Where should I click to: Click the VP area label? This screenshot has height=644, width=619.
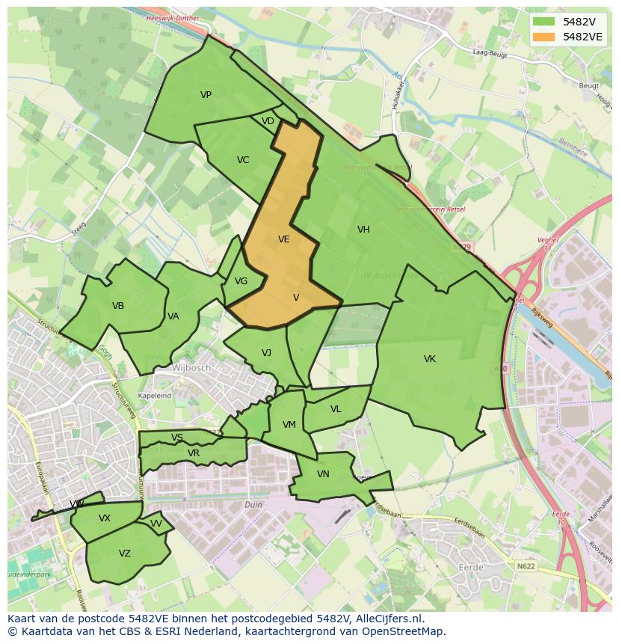tap(206, 95)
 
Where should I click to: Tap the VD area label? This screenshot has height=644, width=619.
tap(268, 121)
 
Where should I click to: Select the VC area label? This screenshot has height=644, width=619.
tap(243, 160)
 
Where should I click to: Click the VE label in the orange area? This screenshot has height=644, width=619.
tap(283, 239)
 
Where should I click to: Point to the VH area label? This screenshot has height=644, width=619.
tap(363, 230)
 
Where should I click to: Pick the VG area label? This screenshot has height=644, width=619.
tap(241, 281)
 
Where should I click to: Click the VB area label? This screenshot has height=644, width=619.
tap(118, 306)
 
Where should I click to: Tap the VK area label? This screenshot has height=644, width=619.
tap(430, 359)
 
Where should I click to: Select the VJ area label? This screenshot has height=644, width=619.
tap(266, 353)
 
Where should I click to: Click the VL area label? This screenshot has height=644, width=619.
tap(336, 409)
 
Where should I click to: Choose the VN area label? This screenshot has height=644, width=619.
tap(323, 474)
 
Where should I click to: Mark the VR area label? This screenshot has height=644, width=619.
tap(194, 453)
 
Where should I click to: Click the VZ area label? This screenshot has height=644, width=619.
tap(125, 553)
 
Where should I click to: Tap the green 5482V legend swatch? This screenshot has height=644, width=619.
tap(543, 22)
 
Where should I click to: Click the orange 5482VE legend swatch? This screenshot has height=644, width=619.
tap(543, 37)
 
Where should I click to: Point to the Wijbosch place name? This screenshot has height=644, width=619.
tap(191, 368)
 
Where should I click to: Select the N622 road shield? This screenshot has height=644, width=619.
tap(526, 567)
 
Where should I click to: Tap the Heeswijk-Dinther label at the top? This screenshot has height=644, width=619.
tap(173, 17)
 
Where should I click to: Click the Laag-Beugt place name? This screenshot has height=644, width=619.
tap(490, 52)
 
